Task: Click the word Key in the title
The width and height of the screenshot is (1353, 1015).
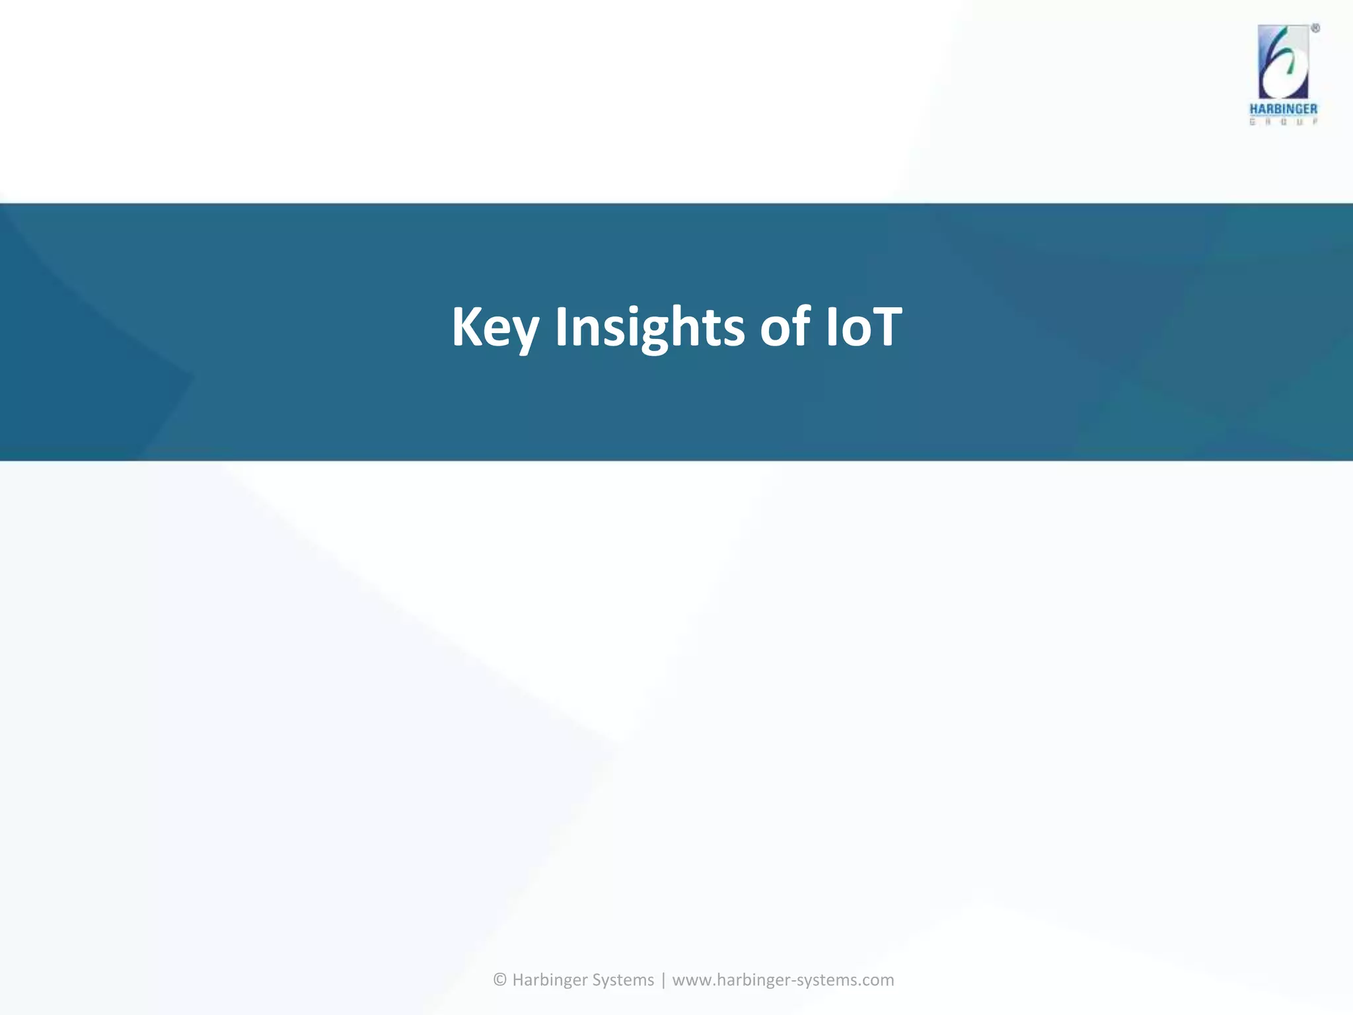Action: [x=495, y=327]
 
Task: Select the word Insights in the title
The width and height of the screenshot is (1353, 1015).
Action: [x=649, y=327]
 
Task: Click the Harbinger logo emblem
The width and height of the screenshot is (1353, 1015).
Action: [x=1283, y=62]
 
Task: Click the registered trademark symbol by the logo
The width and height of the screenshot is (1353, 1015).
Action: [x=1315, y=28]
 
